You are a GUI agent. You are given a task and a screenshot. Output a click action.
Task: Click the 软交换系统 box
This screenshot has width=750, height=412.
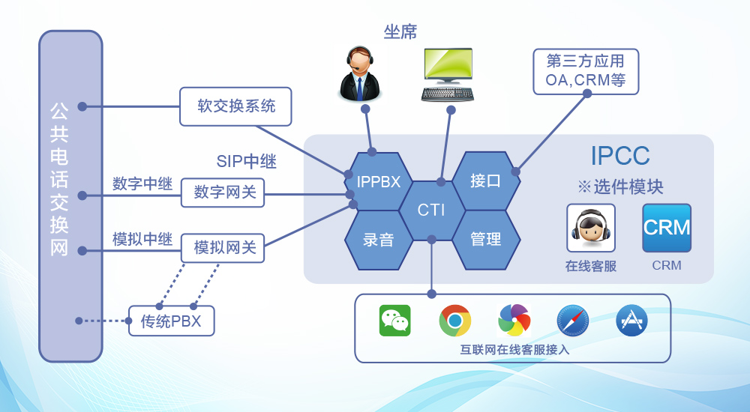[235, 106]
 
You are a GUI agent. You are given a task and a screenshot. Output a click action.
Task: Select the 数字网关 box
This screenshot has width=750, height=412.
[223, 193]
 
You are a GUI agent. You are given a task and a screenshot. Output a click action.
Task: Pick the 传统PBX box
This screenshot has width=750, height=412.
[171, 321]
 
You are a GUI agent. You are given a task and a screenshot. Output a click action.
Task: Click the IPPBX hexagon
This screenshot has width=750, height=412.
[379, 182]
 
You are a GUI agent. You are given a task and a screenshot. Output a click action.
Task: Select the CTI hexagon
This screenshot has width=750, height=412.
[431, 210]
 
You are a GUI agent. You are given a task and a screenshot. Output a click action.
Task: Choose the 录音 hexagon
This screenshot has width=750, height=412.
[379, 240]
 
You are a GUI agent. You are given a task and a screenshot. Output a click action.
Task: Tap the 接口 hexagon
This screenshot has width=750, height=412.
[485, 181]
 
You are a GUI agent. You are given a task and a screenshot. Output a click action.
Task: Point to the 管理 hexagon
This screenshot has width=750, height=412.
[485, 240]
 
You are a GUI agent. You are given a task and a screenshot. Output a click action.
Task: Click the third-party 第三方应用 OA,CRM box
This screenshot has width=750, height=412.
[586, 72]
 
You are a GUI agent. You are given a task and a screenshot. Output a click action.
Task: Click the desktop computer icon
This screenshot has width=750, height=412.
[448, 75]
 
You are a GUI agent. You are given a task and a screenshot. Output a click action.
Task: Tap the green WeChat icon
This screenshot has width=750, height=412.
[394, 321]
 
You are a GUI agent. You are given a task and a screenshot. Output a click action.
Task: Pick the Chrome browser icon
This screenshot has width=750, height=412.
[454, 321]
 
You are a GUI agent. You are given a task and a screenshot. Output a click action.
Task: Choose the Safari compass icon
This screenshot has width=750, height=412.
[572, 321]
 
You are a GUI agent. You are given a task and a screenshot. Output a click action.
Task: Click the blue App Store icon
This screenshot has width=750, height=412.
[631, 321]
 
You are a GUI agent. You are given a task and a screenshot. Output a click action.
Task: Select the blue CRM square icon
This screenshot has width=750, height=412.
[667, 228]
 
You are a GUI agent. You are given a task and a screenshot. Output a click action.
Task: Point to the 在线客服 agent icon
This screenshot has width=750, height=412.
[591, 228]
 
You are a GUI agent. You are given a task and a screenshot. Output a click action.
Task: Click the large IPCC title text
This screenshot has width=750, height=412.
[619, 156]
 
